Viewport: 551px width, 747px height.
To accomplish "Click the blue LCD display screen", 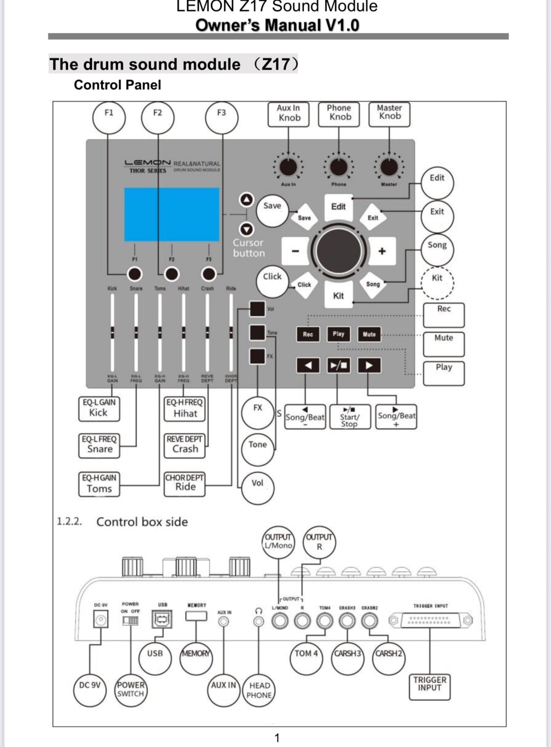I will pos(172,215).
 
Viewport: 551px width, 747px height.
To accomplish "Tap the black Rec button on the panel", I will pos(308,334).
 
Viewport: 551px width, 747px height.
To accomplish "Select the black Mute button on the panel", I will pos(369,334).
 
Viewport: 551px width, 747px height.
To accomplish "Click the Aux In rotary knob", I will pos(288,168).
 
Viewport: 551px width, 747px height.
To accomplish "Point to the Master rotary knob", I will pos(389,168).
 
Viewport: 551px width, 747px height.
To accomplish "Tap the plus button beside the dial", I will pos(382,251).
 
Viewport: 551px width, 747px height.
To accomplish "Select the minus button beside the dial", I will pos(295,251).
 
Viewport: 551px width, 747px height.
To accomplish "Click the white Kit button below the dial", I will pos(338,295).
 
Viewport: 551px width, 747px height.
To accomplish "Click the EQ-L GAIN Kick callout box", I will pos(99,409).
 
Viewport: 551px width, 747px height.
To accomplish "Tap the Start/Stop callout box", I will pos(350,417).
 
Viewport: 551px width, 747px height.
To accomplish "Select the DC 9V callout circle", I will pos(90,689).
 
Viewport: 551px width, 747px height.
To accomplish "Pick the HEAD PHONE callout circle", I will pos(259,690).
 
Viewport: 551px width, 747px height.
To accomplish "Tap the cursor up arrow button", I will pos(246,200).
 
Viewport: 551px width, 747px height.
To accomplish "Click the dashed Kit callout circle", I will pos(437,282).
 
